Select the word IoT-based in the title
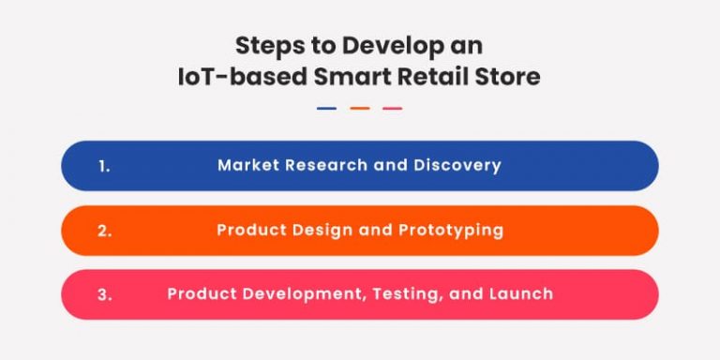(230, 77)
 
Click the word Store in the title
(507, 77)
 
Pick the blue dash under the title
(326, 109)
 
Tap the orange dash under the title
(359, 109)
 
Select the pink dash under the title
(392, 109)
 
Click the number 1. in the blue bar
(104, 166)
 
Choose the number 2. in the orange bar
(104, 230)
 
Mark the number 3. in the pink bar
(104, 294)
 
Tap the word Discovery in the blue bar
(460, 166)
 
